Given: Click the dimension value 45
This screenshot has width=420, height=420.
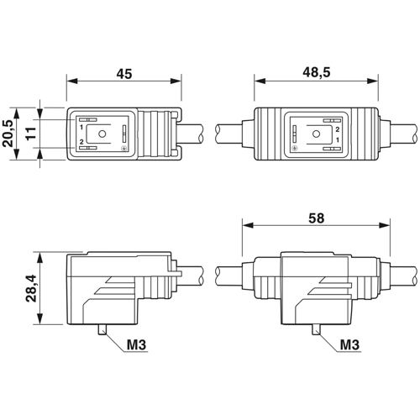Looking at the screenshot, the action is tap(124, 74).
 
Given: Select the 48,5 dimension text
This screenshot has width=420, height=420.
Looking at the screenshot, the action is tap(317, 72).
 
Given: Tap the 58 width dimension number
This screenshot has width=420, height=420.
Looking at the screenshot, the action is tap(317, 218).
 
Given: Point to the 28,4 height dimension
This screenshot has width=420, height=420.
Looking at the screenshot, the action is tap(31, 288).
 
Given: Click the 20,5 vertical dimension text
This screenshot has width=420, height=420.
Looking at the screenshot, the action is tap(8, 134).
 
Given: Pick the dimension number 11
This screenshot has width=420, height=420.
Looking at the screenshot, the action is tap(31, 133).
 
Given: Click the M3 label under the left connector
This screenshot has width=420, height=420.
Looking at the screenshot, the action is tap(136, 344).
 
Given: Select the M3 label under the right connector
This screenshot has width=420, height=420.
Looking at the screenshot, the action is tap(349, 344).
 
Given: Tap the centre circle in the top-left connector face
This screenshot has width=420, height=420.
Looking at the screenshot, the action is tap(102, 134).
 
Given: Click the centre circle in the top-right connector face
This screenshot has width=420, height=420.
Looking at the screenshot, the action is tap(316, 134).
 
